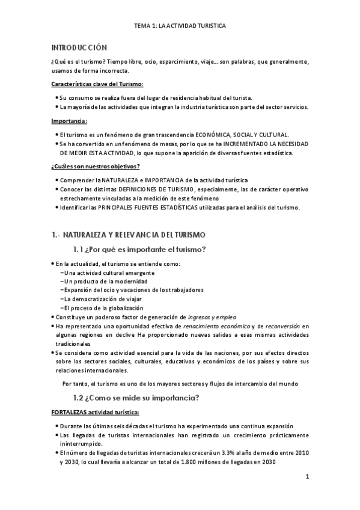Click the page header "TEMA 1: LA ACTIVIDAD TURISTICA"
point(180,27)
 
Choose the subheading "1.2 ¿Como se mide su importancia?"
point(136,398)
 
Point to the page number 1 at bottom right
point(307,478)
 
